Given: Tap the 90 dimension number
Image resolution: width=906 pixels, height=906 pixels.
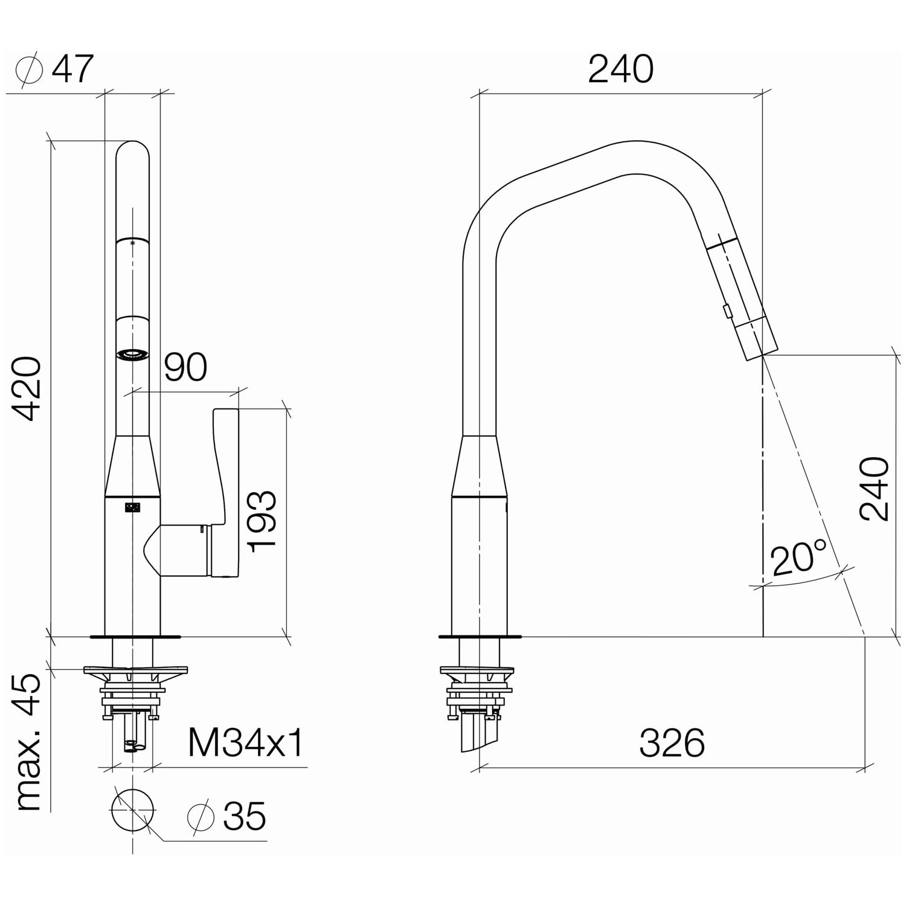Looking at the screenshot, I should point(185,367).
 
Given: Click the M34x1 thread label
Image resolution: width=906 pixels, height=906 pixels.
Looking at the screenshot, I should point(245,742).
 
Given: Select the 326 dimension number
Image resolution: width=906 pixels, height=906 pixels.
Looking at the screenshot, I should point(672,742).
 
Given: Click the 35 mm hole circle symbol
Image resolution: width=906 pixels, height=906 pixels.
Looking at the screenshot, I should point(133,810).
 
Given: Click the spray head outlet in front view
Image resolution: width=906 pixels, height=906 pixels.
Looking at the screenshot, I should point(132,356).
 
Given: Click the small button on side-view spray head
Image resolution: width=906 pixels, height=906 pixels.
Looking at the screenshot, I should point(725,311).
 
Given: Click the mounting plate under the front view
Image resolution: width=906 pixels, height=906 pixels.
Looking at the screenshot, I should point(135,670).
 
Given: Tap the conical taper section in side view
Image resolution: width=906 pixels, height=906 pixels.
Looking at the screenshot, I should point(480,465).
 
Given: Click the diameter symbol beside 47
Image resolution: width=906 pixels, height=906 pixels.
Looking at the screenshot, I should point(29,71).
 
